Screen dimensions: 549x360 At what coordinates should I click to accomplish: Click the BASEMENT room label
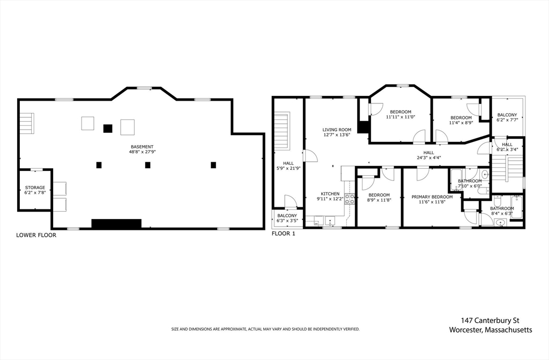(142, 147)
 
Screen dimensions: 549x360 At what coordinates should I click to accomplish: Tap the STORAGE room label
(35, 187)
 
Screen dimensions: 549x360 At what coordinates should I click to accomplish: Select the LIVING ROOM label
(337, 130)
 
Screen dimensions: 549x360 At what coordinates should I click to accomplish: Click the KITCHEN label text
(330, 194)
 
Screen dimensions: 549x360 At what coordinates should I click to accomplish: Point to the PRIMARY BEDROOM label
(432, 197)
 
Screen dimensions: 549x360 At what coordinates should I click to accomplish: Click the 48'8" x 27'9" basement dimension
(142, 152)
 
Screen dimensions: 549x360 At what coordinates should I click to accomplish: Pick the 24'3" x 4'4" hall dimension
(428, 157)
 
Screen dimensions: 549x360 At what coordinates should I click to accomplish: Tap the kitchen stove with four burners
(350, 199)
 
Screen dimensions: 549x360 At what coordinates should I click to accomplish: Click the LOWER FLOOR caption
(36, 235)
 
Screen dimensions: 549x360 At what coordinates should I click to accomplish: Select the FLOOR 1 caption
(284, 234)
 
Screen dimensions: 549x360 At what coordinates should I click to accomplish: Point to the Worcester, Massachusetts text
(491, 330)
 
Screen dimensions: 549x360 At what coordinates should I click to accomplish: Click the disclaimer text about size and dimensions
(265, 329)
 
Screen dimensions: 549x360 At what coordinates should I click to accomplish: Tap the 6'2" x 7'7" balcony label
(507, 120)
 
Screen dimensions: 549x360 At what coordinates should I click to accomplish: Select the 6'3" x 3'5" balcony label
(287, 221)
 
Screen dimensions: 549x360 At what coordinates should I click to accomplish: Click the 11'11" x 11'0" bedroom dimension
(400, 117)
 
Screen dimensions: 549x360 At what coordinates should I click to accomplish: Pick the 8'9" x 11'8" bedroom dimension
(379, 200)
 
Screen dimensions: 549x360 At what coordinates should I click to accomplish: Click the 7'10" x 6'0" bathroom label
(470, 186)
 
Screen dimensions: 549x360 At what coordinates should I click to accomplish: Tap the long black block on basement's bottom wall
(116, 223)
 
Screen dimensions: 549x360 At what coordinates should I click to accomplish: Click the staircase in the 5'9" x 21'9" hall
(282, 131)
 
